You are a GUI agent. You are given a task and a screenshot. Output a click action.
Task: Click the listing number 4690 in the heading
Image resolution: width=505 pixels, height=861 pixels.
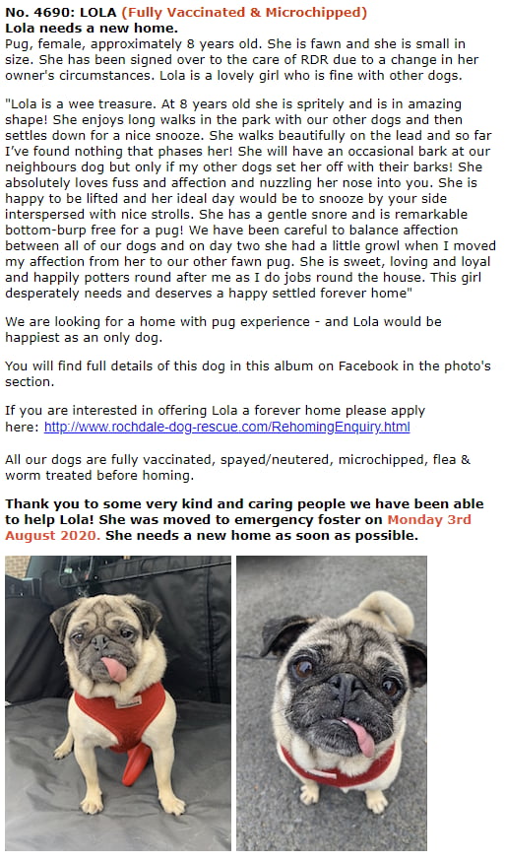46,13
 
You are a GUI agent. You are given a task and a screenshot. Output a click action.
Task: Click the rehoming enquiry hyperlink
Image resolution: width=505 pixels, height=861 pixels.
226,427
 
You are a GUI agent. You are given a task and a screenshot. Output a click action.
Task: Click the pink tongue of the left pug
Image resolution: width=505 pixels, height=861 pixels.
115,669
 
